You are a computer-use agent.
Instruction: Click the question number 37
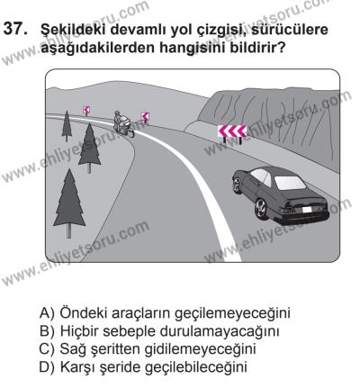[18, 30]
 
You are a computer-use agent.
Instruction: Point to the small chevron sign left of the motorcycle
[85, 109]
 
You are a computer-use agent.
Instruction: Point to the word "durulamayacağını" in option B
[220, 329]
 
